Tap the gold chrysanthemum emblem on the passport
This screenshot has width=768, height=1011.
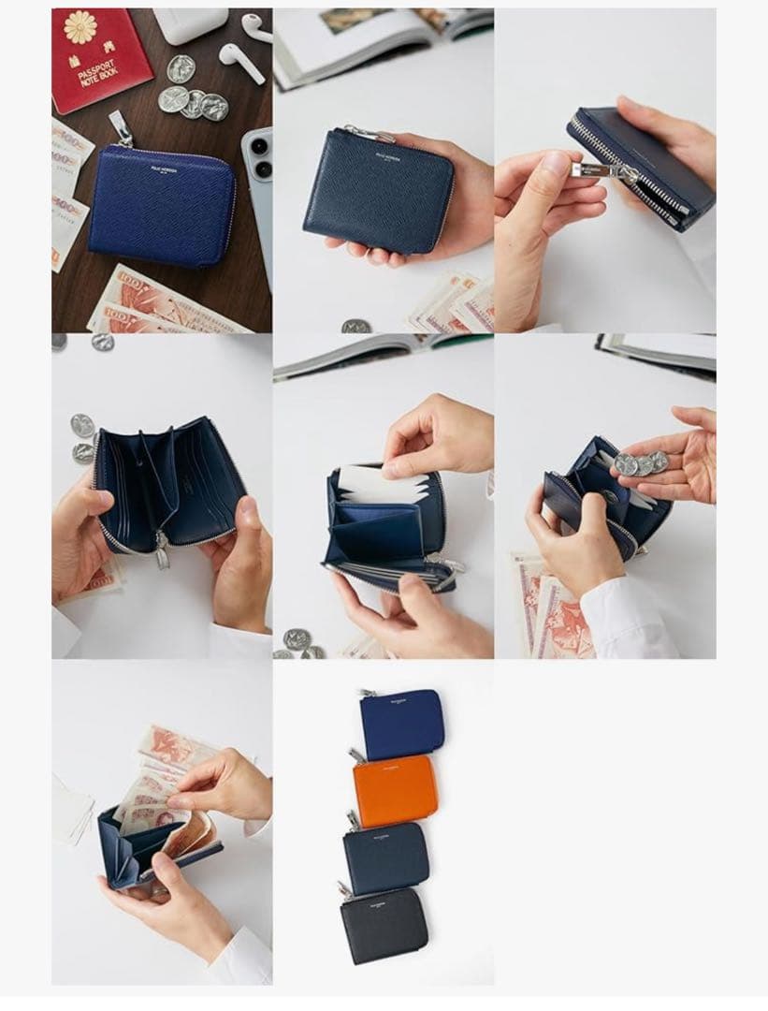point(81,26)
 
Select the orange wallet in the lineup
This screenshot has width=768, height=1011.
point(395,790)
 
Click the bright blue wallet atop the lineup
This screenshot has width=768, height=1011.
point(402,724)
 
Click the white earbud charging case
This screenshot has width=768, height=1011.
point(190,25)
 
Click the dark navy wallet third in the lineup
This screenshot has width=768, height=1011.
point(385,857)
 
